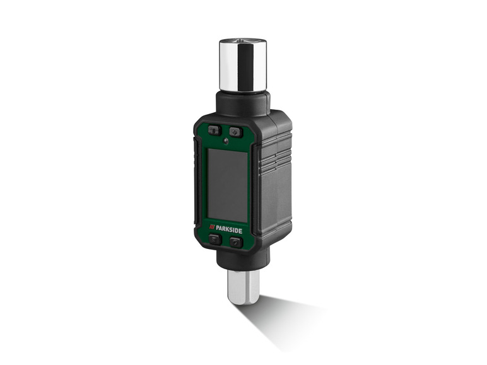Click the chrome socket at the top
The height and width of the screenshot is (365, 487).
(x=242, y=66)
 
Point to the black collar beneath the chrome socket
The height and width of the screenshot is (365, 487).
(x=243, y=103)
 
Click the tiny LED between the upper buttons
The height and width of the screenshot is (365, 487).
(x=226, y=139)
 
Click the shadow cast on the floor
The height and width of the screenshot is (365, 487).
(x=284, y=318)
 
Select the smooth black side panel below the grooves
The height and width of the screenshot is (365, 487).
(x=275, y=202)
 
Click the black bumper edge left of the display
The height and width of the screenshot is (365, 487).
(x=197, y=183)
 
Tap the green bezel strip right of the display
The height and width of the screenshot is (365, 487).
(x=251, y=183)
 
